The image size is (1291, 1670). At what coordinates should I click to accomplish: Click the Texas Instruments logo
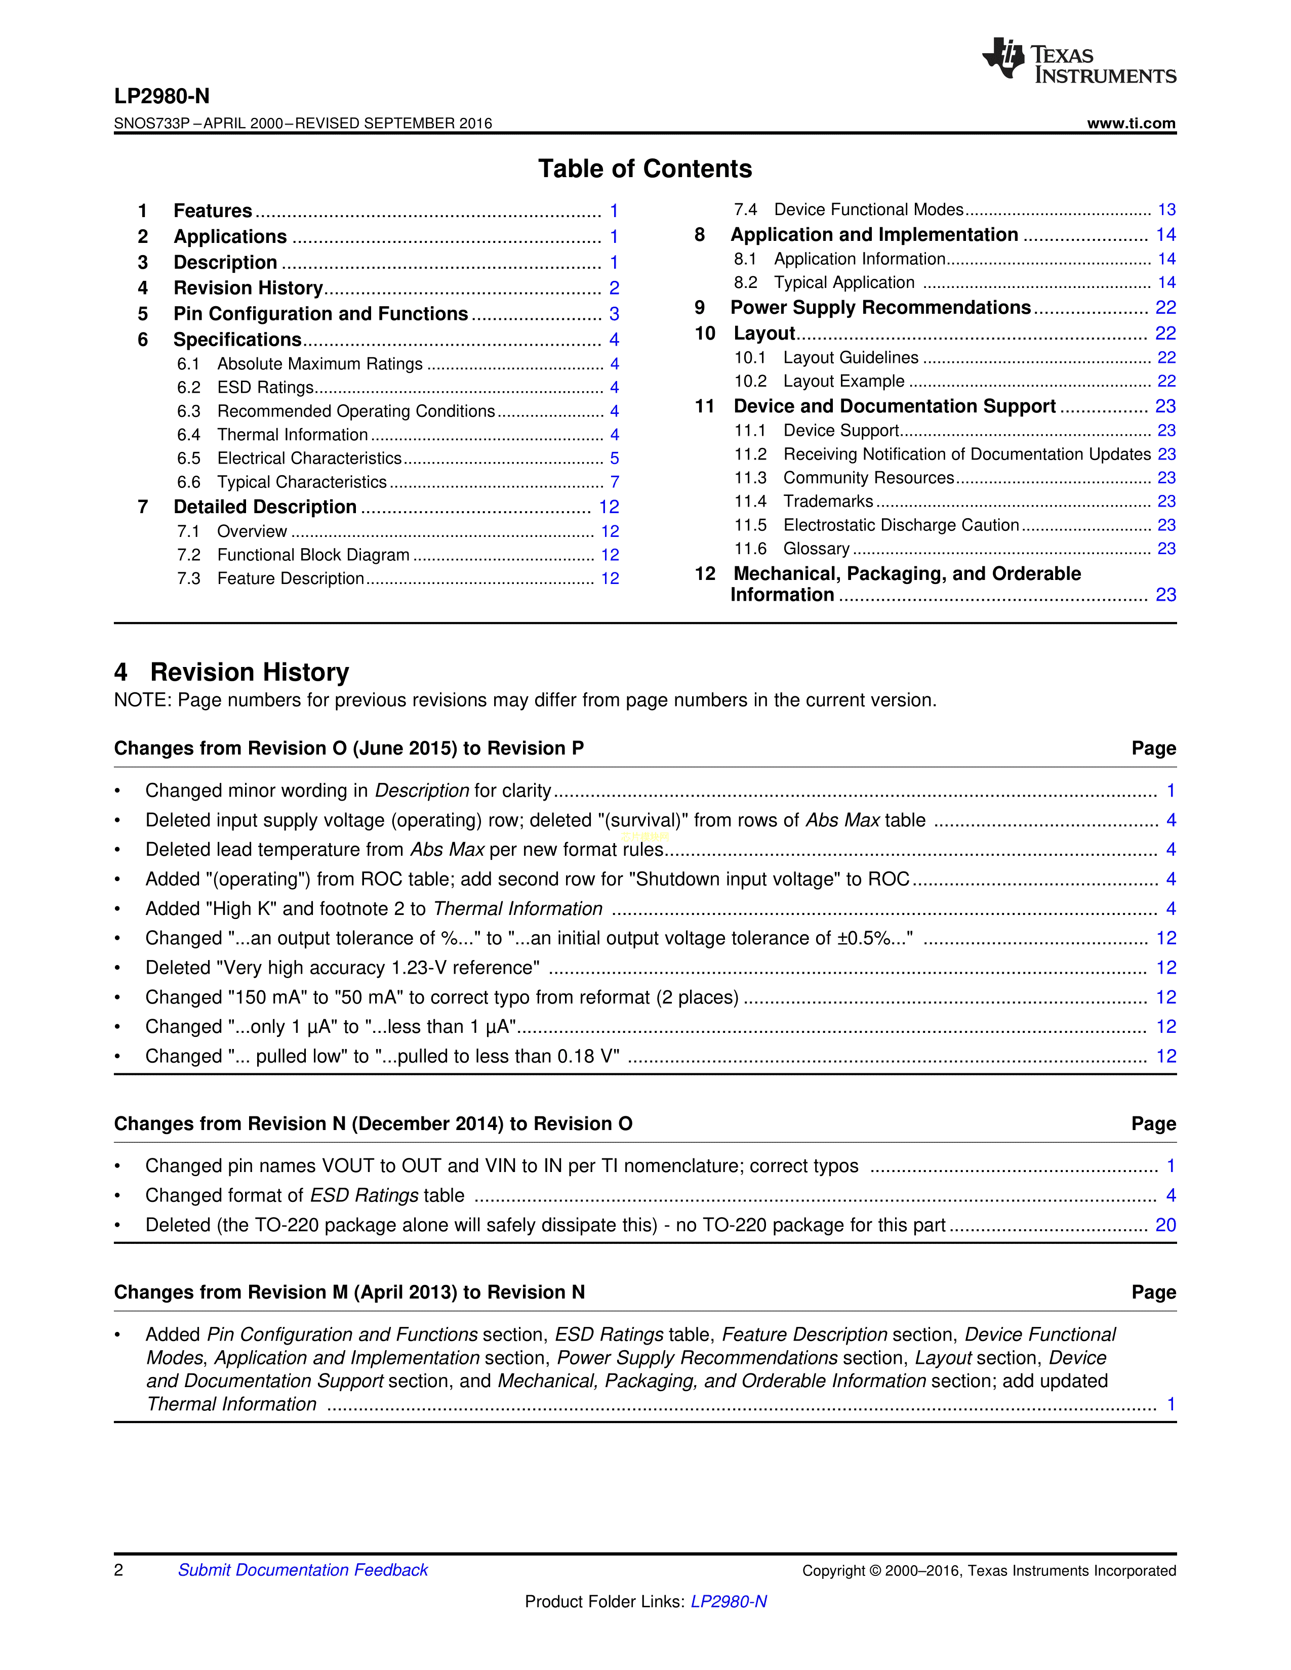coord(1078,60)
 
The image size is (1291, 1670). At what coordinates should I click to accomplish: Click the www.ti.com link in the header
coord(1131,123)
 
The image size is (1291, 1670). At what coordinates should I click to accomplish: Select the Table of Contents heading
coord(644,168)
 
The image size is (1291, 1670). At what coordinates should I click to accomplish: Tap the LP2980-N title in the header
coord(162,96)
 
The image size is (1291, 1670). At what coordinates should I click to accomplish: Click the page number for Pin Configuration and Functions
coord(614,314)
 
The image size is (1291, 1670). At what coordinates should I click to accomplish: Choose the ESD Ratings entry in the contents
coord(265,388)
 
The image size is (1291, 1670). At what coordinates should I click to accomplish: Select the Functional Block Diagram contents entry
coord(313,555)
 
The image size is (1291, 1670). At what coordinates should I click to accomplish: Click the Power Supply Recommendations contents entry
coord(880,307)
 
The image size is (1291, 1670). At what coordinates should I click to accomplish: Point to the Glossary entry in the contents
coord(816,549)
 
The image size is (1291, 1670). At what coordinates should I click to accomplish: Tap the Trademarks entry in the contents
coord(828,502)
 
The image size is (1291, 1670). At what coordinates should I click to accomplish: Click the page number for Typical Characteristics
coord(614,482)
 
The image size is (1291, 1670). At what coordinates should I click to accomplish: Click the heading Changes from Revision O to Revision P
coord(349,748)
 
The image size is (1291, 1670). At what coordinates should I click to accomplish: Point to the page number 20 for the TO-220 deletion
coord(1165,1225)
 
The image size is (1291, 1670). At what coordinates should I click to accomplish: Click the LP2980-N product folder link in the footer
coord(728,1602)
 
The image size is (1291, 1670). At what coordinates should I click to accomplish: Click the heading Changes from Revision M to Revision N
coord(349,1292)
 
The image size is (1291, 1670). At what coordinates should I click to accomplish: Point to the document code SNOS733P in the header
coord(151,123)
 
